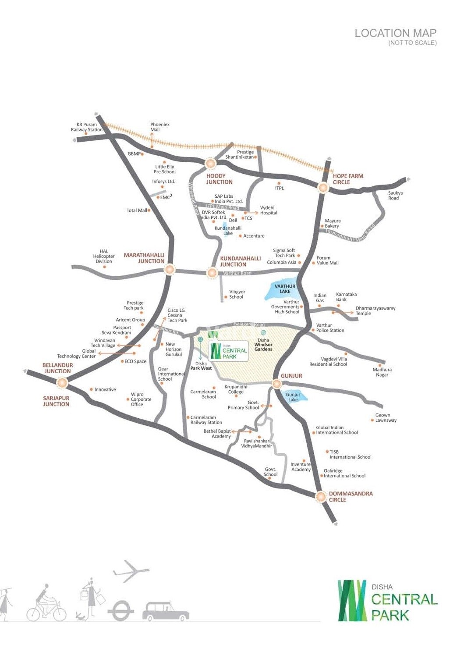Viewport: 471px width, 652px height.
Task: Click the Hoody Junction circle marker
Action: click(x=211, y=164)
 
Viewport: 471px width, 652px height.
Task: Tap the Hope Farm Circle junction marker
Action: click(x=323, y=188)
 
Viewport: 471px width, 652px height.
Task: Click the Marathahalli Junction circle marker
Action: click(x=169, y=270)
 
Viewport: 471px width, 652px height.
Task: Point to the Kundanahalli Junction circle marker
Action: click(x=212, y=273)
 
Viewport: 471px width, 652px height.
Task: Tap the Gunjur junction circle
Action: click(x=276, y=384)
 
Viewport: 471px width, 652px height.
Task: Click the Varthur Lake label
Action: click(x=285, y=289)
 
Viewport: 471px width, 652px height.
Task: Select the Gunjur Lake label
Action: click(x=293, y=397)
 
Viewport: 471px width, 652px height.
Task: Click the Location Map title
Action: click(x=395, y=33)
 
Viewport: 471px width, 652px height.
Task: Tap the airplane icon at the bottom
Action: click(x=131, y=571)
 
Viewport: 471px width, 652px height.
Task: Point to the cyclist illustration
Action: click(x=46, y=603)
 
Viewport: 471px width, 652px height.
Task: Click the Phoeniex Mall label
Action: click(x=160, y=127)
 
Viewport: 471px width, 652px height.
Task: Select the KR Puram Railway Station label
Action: click(x=87, y=127)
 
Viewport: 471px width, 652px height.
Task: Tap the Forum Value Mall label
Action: click(x=327, y=260)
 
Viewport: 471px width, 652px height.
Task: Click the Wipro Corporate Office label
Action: click(x=141, y=399)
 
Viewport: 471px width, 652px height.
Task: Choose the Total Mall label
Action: click(x=137, y=210)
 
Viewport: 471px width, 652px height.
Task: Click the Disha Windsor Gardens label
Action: click(x=263, y=345)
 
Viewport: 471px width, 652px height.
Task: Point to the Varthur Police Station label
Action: click(x=330, y=328)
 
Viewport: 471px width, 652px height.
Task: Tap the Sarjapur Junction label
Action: click(x=56, y=401)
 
